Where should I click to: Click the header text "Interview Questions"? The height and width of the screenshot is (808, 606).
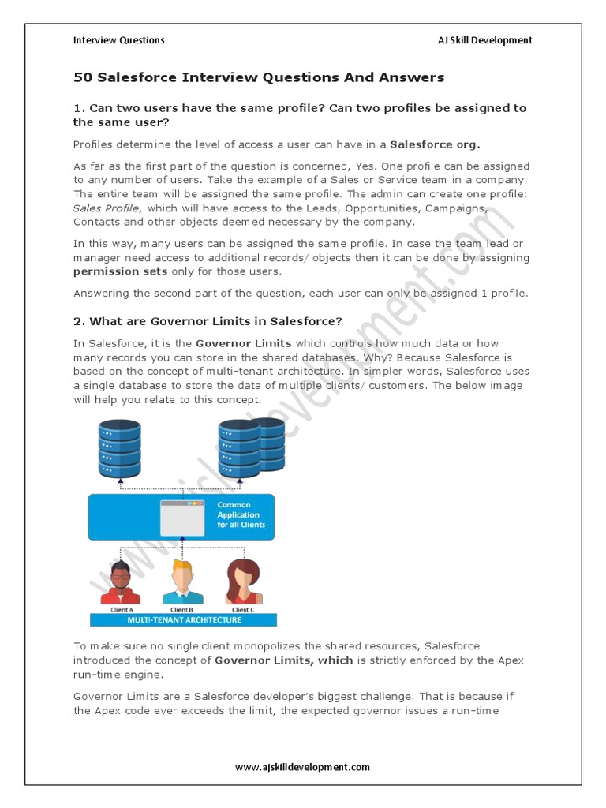119,40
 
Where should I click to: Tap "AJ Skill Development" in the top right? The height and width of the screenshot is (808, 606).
484,40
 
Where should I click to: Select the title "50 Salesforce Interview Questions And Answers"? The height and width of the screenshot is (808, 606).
259,77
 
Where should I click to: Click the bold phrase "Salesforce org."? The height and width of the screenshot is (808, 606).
435,144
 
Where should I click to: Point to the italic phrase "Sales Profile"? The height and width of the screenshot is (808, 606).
106,208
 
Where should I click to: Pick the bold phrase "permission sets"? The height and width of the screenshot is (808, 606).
120,271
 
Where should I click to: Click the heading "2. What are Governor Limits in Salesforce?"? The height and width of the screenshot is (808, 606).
208,321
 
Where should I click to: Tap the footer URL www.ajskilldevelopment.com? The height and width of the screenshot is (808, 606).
302,766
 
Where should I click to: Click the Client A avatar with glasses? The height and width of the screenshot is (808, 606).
120,581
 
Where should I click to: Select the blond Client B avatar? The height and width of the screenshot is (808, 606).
181,581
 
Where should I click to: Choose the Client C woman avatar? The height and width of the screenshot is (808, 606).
242,581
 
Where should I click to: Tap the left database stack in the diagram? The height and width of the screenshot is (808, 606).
119,447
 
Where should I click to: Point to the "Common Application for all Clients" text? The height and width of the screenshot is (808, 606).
241,514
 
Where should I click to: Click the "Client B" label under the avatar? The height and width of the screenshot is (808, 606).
181,609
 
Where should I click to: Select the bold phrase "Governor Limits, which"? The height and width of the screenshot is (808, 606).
283,660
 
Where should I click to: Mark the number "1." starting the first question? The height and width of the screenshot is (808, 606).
79,108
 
